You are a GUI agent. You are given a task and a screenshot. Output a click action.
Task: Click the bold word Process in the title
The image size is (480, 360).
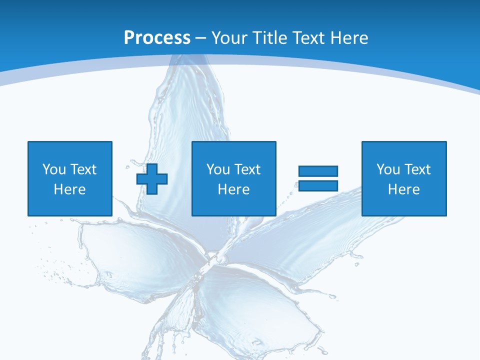coord(157,38)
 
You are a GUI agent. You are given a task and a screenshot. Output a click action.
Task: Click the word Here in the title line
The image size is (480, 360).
coord(350,38)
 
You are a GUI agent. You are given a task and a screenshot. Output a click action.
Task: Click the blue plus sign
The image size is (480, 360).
coord(152,179)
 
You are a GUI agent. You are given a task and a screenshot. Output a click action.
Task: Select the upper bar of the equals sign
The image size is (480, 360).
coord(318,171)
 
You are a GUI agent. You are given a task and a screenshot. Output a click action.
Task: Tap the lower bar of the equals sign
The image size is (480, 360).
coord(318,186)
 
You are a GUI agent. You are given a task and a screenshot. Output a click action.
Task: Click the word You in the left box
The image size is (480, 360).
coord(54,169)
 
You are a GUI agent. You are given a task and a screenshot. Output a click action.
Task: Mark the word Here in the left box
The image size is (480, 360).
coord(69,189)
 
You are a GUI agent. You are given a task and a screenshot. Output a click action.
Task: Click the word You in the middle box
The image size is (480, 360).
coord(218,169)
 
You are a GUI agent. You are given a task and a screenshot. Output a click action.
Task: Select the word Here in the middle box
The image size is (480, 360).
coord(233,189)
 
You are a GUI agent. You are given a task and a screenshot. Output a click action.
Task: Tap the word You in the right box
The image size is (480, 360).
coord(388,169)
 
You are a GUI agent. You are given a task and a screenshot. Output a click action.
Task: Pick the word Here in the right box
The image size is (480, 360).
coord(403,189)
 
